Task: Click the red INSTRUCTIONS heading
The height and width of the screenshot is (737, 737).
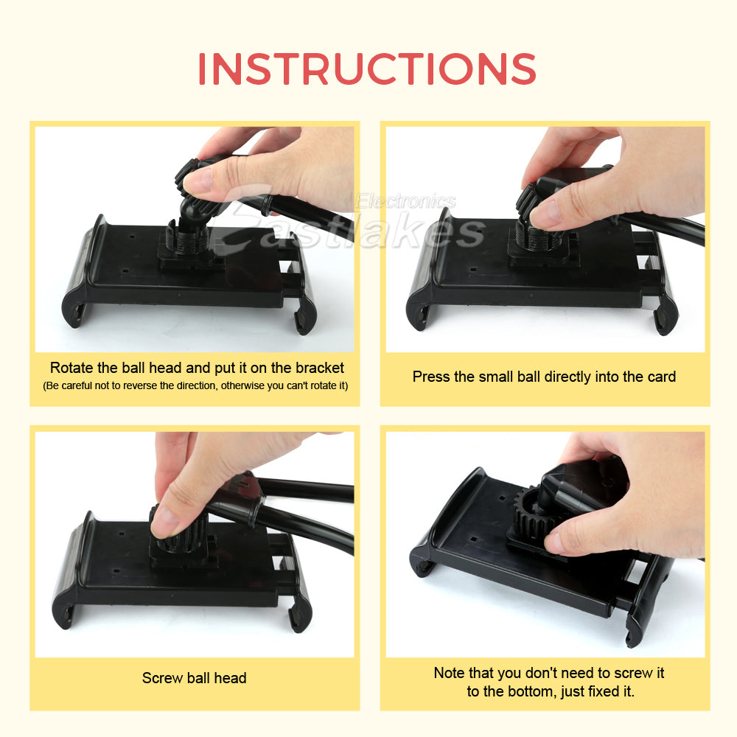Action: click(x=366, y=69)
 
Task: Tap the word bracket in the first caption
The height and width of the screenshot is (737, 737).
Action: click(x=319, y=368)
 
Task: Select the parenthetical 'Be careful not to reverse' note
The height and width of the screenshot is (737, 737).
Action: click(x=195, y=385)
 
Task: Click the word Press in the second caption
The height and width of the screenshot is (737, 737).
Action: click(x=431, y=377)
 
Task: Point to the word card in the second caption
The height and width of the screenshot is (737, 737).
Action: click(x=660, y=377)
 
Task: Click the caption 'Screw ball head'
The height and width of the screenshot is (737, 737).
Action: click(x=194, y=678)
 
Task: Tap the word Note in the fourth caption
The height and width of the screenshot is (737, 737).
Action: click(x=449, y=673)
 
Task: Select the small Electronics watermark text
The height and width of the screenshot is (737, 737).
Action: click(x=405, y=201)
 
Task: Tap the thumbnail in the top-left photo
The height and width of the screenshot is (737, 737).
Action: click(x=197, y=179)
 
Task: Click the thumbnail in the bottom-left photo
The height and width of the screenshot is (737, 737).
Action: click(x=166, y=520)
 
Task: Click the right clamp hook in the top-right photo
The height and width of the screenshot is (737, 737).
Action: click(x=665, y=313)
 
